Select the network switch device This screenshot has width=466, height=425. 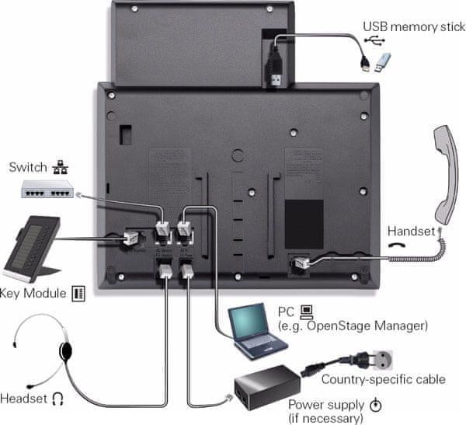46,188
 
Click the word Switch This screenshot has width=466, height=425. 27,167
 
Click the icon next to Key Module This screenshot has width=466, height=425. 78,294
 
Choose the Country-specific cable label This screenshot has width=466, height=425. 383,379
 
